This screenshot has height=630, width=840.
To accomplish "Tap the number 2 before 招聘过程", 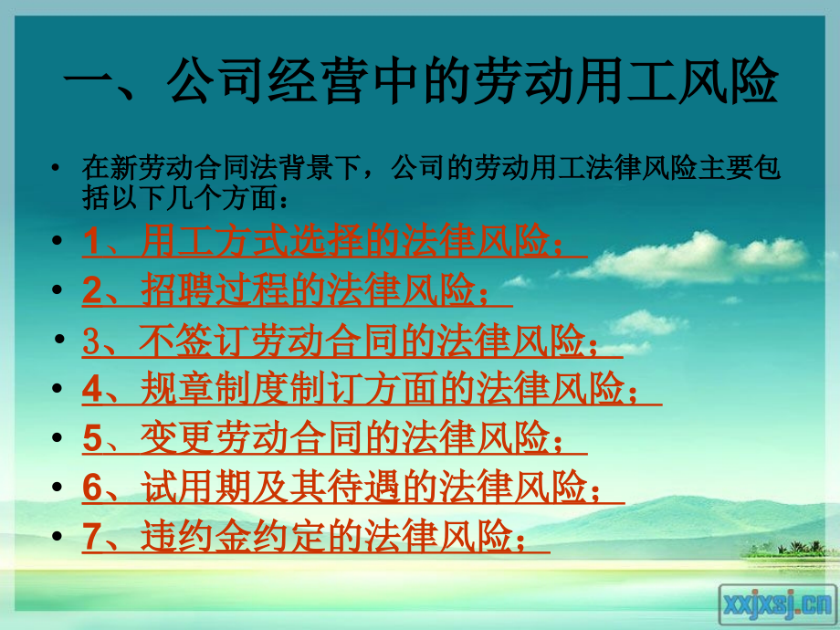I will (91, 291).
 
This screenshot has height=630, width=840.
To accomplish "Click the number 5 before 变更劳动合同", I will (92, 438).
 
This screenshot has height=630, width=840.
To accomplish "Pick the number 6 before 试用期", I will (92, 488).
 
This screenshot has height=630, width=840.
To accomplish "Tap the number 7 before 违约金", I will (91, 536).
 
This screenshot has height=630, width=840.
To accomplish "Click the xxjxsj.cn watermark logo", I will (778, 603).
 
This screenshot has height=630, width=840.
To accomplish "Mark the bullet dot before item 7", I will (58, 536).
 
